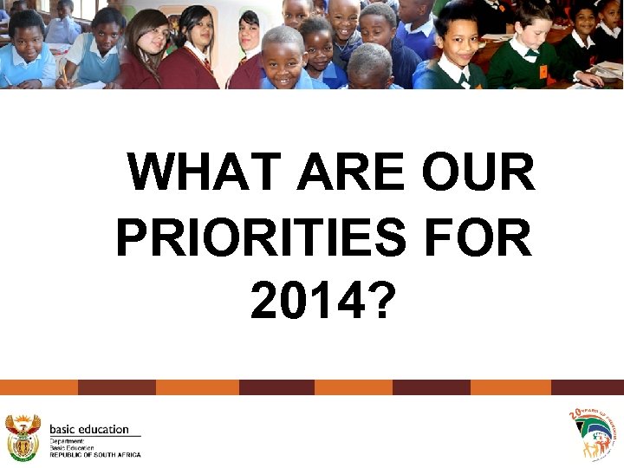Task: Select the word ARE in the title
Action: [x=350, y=172]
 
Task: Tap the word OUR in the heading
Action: [x=478, y=172]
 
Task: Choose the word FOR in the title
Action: [x=481, y=237]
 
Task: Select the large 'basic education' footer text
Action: [x=89, y=428]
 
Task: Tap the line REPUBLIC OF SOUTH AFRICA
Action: [x=94, y=454]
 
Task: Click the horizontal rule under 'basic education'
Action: [x=94, y=436]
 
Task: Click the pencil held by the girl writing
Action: [x=63, y=76]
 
